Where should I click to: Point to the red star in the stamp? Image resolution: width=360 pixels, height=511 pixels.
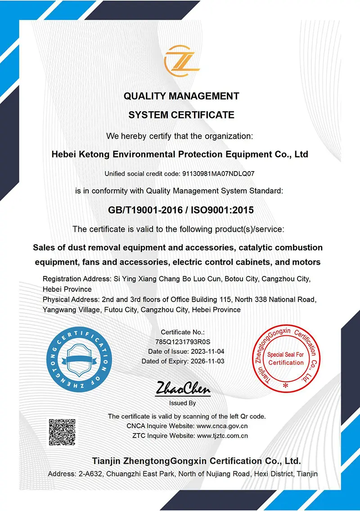285,385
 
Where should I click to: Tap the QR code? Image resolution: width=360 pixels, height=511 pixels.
62,432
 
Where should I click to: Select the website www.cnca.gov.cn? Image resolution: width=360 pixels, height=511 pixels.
222,426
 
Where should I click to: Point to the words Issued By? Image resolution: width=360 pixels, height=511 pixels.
182,403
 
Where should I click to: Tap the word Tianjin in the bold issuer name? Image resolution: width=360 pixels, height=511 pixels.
107,461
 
